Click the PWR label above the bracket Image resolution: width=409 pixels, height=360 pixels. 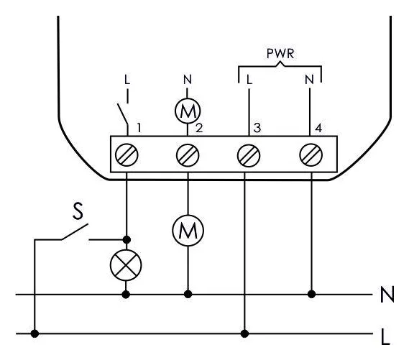pos(280,53)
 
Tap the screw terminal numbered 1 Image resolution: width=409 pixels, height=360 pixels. pos(127,154)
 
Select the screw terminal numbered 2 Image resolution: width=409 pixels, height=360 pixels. pos(188,155)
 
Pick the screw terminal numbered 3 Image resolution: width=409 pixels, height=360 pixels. pos(249,156)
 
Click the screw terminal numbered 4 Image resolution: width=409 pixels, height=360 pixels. pos(311,154)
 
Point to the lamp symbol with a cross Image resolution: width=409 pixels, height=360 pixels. pos(126,265)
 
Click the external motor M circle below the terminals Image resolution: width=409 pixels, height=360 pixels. pos(188,231)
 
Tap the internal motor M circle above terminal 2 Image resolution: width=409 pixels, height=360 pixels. pos(188,111)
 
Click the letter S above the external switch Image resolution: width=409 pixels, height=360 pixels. pos(78,211)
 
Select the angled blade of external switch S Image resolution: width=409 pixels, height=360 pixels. pos(75,231)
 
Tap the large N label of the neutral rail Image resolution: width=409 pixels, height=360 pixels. pos(387,295)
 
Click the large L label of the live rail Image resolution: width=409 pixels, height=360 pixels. pos(385,337)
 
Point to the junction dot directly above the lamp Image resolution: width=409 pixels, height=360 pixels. pos(127,239)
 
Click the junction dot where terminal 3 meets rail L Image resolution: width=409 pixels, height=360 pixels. pos(244,333)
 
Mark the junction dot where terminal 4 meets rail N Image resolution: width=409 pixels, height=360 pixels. pos(311,295)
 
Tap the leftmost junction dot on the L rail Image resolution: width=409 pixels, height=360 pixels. pos(35,333)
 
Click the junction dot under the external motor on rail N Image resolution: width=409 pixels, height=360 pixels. pos(188,295)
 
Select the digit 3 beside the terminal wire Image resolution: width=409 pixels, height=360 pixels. pos(257,128)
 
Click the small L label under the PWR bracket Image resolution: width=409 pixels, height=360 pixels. pos(249,80)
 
